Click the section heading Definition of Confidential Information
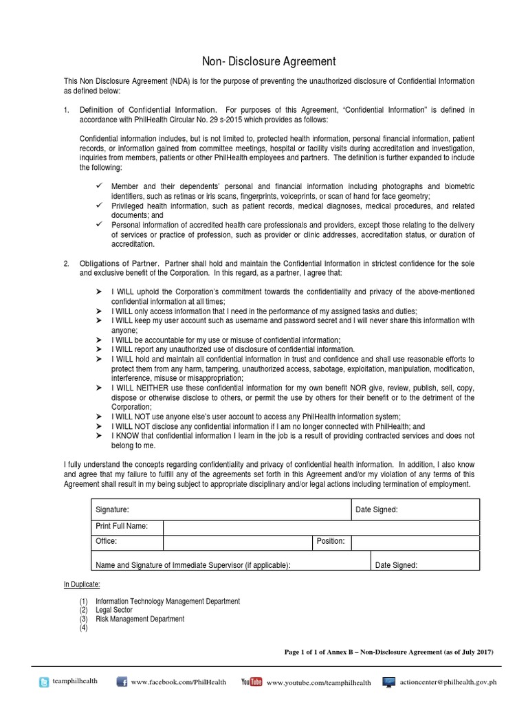point(148,109)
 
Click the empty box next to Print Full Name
point(321,527)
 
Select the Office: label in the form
point(106,542)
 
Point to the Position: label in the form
point(331,542)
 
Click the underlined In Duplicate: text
point(82,584)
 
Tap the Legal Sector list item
point(114,610)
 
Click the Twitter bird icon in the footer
point(45,682)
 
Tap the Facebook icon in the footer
point(122,682)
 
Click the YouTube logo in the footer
point(252,682)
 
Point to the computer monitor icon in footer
point(389,682)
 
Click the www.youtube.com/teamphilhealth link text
point(318,683)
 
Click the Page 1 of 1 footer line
point(388,652)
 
